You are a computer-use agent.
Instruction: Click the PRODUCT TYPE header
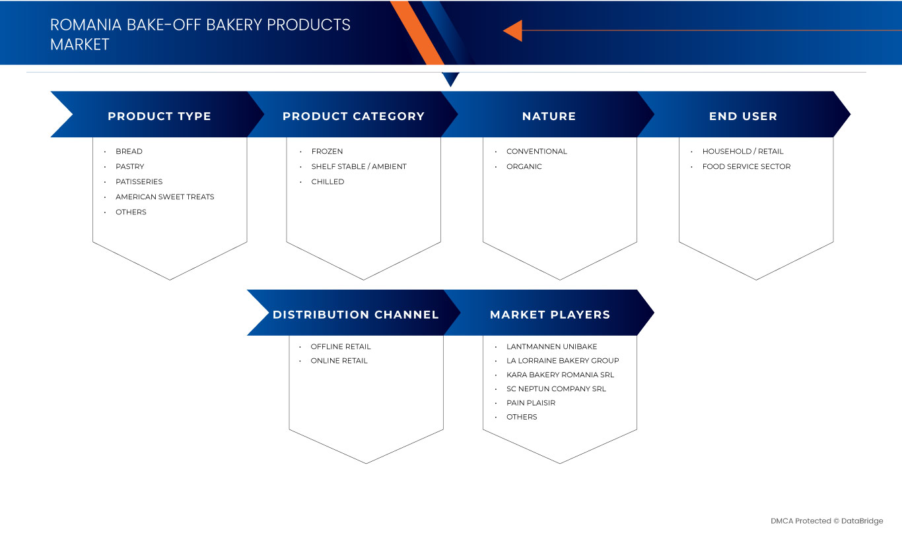pyautogui.click(x=159, y=116)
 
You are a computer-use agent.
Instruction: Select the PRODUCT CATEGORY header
pyautogui.click(x=353, y=116)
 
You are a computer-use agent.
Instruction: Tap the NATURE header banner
pyautogui.click(x=549, y=116)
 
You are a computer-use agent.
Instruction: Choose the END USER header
pyautogui.click(x=743, y=116)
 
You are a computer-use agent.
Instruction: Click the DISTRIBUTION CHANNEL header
pyautogui.click(x=355, y=315)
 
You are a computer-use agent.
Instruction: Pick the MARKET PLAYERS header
pyautogui.click(x=550, y=315)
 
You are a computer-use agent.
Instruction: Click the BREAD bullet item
pyautogui.click(x=129, y=152)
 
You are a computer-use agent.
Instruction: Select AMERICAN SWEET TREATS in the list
pyautogui.click(x=164, y=197)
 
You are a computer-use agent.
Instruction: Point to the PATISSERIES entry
pyautogui.click(x=139, y=181)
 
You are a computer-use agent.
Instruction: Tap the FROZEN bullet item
pyautogui.click(x=327, y=152)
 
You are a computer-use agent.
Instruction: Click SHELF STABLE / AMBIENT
pyautogui.click(x=359, y=167)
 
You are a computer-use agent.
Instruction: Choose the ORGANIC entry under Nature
pyautogui.click(x=524, y=167)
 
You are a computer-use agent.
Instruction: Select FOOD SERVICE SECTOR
pyautogui.click(x=746, y=167)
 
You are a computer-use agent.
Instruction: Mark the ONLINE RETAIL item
pyautogui.click(x=339, y=361)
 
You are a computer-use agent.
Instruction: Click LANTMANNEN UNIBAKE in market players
pyautogui.click(x=551, y=347)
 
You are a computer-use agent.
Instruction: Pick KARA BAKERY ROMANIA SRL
pyautogui.click(x=560, y=375)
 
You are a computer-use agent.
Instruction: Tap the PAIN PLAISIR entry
pyautogui.click(x=530, y=403)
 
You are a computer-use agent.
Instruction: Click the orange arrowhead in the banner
pyautogui.click(x=513, y=30)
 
